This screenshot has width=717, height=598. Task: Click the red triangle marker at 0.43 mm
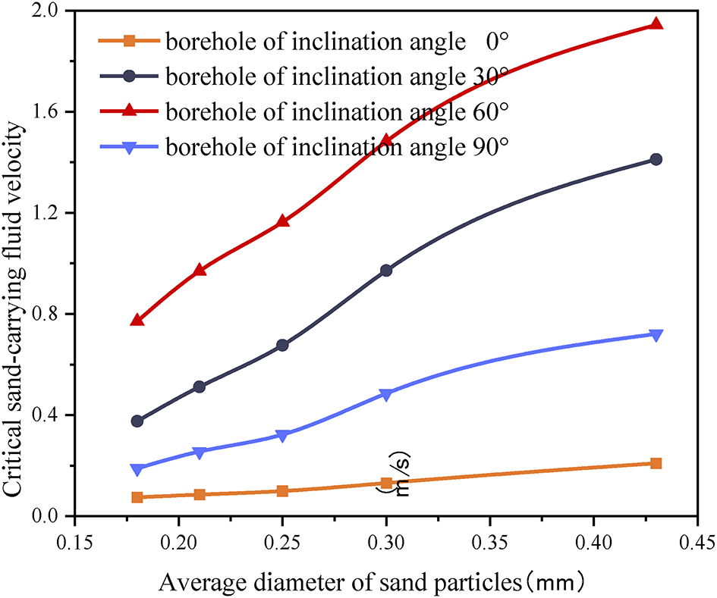(x=656, y=23)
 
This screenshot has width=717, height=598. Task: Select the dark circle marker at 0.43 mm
(x=656, y=159)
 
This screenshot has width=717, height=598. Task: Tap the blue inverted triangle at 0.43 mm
(x=656, y=335)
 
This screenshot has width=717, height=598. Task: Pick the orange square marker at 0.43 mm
(x=656, y=463)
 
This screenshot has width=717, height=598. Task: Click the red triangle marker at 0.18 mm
(x=137, y=320)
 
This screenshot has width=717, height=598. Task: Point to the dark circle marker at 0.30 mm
(x=386, y=270)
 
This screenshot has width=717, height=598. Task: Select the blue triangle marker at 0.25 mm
(x=282, y=436)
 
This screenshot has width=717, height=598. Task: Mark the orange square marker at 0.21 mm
(x=200, y=494)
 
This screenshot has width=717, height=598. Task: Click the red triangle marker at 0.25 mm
(x=282, y=221)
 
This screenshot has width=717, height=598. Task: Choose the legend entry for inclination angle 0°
(x=303, y=41)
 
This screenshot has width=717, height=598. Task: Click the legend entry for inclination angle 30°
(x=303, y=77)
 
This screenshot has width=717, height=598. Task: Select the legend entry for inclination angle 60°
(x=303, y=111)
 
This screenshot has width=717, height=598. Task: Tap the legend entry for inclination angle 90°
(x=303, y=147)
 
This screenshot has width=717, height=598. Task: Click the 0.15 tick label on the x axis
(x=74, y=544)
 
